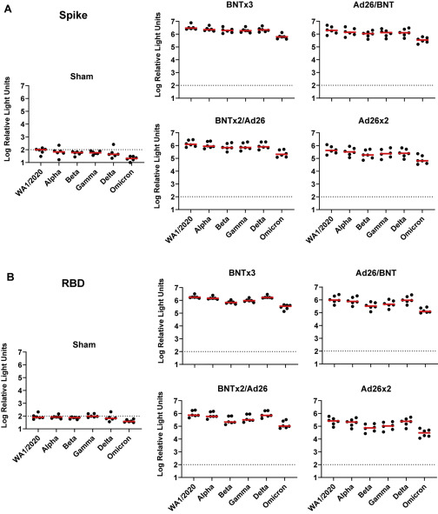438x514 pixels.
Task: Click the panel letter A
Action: pos(8,9)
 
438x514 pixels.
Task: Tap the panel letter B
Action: pos(10,277)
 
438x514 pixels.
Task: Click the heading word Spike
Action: pos(73,16)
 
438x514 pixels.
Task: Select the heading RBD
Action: pos(73,283)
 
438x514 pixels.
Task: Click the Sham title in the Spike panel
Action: pos(82,77)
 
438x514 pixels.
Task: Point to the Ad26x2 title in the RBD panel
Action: pos(375,389)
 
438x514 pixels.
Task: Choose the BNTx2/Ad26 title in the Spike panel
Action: pos(240,121)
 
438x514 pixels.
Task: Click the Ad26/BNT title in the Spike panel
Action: pos(374,5)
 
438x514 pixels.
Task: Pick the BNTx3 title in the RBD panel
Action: pos(242,273)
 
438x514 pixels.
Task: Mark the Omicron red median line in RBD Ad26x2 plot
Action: pos(425,433)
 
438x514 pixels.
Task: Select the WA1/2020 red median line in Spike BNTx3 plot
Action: pos(191,29)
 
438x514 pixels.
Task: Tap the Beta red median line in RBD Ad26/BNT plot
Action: pos(371,306)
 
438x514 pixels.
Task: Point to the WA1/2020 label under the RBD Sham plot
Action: pos(26,449)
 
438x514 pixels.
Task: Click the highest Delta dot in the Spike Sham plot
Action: pos(113,144)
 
